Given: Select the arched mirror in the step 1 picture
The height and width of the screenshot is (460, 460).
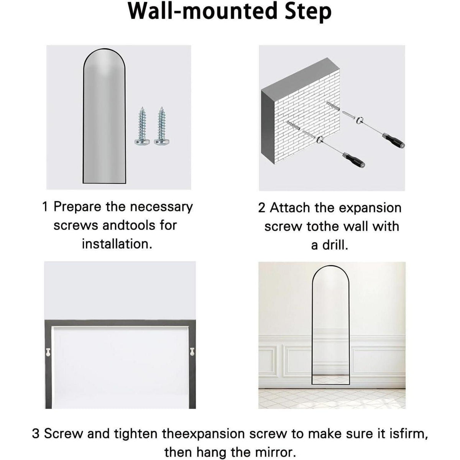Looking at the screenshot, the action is coord(104,116).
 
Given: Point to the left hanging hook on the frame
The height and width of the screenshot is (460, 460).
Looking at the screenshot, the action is coord(48,352).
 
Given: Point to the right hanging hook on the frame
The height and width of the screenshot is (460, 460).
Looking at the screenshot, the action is coord(192,352).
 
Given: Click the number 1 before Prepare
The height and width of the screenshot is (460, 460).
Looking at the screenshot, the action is coord(45,207).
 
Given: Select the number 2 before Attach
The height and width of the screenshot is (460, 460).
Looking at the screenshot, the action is coord(262,208).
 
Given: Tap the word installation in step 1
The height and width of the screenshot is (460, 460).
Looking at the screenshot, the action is coord(117,244).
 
